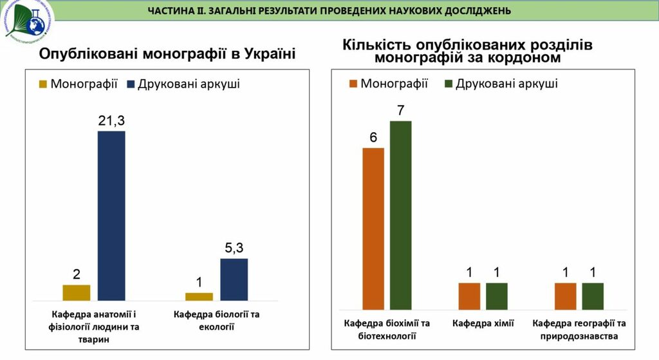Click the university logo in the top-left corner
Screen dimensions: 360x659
pos(29,24)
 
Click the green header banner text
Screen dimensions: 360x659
pos(329,11)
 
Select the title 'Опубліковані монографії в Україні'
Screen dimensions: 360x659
pos(167,54)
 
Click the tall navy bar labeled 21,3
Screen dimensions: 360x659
pos(111,215)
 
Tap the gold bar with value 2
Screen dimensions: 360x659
pos(77,292)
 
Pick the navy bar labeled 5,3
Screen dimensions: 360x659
pos(234,279)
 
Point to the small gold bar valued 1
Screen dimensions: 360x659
pos(199,296)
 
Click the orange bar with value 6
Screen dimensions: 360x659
pos(373,229)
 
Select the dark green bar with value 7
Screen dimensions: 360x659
pos(400,215)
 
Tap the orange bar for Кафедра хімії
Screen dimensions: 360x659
pos(469,296)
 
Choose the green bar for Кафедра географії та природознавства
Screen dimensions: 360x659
pos(593,296)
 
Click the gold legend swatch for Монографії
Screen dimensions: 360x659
pos(43,84)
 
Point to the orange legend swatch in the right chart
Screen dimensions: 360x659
pos(353,84)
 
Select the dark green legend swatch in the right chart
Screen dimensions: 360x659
pos(448,84)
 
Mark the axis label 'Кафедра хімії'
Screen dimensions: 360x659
pos(483,323)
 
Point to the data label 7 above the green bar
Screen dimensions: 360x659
pos(400,109)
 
